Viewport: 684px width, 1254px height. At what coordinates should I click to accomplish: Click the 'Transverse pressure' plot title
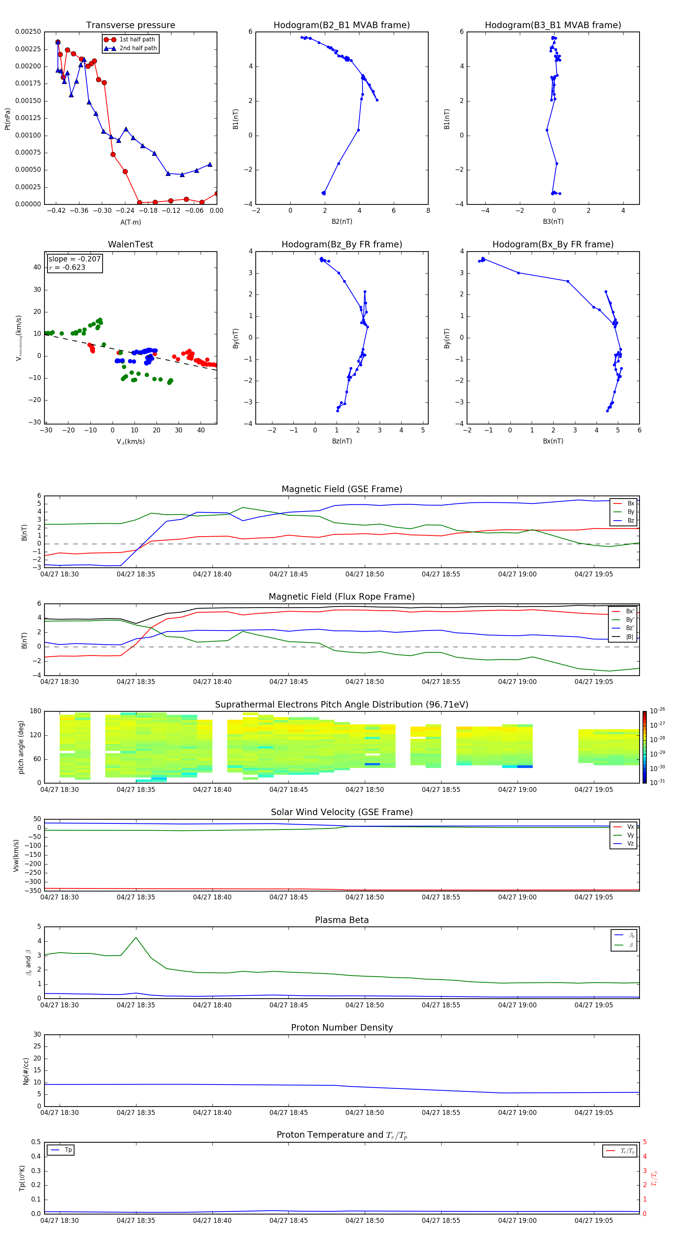(x=130, y=25)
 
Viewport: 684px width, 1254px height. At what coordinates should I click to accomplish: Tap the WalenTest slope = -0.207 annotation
(x=74, y=259)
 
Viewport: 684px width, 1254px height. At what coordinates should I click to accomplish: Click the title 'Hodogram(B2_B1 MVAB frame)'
(x=341, y=25)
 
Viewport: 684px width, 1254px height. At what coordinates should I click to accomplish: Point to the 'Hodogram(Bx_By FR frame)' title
(x=553, y=244)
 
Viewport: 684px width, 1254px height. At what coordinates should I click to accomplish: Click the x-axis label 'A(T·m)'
(x=130, y=222)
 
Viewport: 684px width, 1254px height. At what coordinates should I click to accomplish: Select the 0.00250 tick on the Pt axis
(x=28, y=32)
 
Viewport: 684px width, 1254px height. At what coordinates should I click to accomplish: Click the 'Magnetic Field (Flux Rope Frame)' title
(x=341, y=597)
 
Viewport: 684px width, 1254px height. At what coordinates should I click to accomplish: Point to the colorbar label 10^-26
(x=657, y=711)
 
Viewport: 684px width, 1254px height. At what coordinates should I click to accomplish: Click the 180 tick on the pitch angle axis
(x=35, y=711)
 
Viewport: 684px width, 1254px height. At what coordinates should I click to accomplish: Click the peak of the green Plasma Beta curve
(x=136, y=937)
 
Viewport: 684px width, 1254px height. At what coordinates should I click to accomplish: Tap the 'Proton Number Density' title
(x=341, y=1028)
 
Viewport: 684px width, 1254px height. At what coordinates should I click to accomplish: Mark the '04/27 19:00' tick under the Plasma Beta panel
(x=517, y=1005)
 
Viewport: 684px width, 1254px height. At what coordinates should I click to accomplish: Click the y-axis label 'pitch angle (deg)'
(x=21, y=747)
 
